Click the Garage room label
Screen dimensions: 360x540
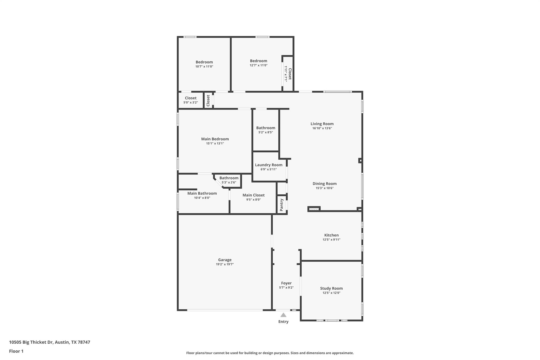tap(225, 260)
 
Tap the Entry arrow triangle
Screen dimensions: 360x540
tap(283, 315)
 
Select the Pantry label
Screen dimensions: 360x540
tap(282, 205)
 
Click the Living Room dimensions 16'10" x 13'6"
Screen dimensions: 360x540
tap(322, 128)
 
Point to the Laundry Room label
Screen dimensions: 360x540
tap(268, 165)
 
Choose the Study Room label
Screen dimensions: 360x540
tap(331, 288)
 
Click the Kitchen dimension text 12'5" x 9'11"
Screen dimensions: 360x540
tap(331, 240)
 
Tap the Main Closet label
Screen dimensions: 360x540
tap(253, 195)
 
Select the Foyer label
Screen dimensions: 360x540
tap(286, 283)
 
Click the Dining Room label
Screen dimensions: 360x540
tap(324, 184)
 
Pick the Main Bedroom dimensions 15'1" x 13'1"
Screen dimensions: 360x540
tap(215, 143)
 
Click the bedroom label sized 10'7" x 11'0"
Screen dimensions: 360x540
tap(204, 62)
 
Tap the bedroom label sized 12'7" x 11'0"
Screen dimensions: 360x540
tap(258, 61)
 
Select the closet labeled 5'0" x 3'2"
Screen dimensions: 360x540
tap(190, 98)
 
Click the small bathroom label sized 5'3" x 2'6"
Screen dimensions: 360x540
tap(229, 178)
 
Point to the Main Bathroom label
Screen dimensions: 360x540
tap(202, 193)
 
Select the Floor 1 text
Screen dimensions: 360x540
tap(16, 351)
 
